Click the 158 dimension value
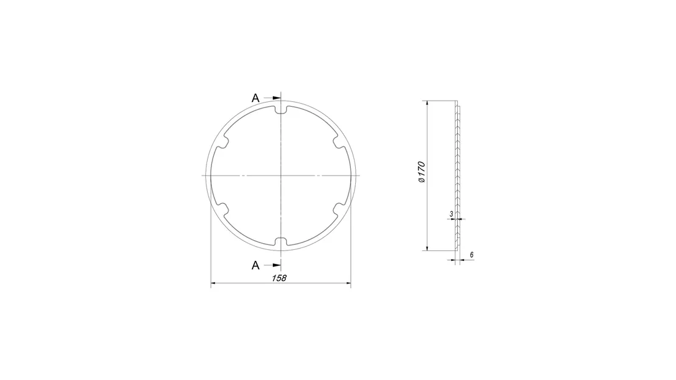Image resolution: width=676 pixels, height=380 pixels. [x=279, y=278]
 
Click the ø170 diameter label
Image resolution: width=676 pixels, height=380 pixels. [x=422, y=172]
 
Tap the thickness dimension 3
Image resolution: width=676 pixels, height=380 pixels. [x=452, y=214]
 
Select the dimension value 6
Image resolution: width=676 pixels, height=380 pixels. [x=471, y=255]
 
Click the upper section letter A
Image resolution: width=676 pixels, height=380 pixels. [x=256, y=98]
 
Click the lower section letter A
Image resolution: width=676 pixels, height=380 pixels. [x=256, y=265]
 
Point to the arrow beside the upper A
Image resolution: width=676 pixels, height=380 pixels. [x=272, y=98]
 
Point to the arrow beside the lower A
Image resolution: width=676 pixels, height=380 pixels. [x=272, y=265]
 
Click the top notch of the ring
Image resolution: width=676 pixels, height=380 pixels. [x=281, y=110]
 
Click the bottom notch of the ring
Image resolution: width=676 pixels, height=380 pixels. [x=281, y=241]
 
